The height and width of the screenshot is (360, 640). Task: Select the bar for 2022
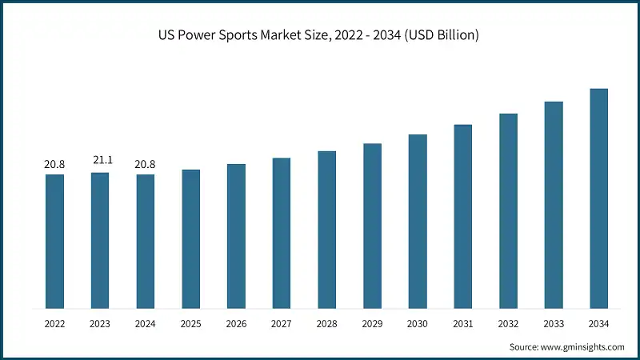[54, 241]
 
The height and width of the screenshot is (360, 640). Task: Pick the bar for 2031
[462, 216]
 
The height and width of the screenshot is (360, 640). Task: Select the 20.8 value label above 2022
[54, 165]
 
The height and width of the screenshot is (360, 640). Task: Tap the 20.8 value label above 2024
[145, 165]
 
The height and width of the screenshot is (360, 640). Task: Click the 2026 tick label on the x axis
[236, 323]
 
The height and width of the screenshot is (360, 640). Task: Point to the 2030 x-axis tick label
[418, 323]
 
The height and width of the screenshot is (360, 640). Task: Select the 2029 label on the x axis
[372, 323]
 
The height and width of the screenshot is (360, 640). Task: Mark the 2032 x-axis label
[508, 323]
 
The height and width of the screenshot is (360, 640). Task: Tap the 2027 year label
[282, 323]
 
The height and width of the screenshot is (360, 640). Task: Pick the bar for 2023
[100, 240]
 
